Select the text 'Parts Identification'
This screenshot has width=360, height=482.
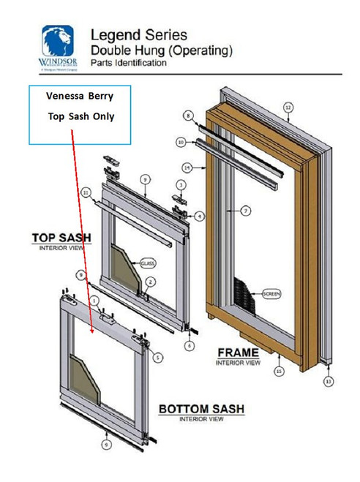pos(128,64)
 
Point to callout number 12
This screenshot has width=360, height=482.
pos(288,108)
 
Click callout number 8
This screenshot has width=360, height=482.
pos(188,116)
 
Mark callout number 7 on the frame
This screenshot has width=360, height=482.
pos(247,211)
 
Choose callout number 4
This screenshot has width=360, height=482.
pos(200,216)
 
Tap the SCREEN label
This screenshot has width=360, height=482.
pos(271,294)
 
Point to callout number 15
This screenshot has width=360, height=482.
pos(278,371)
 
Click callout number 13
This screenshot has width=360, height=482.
pos(329,381)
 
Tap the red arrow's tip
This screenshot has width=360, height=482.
pos(91,333)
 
